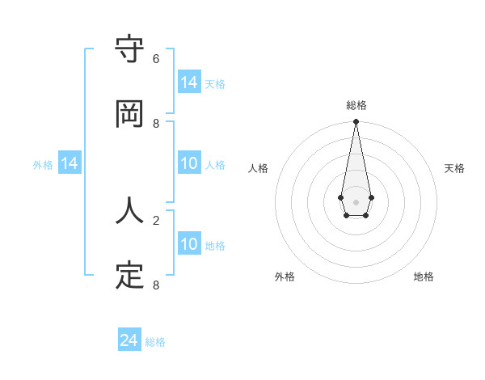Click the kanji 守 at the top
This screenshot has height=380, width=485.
coord(130,50)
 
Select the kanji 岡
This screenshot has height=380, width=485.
coord(130,114)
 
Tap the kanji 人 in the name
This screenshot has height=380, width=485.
coord(130,211)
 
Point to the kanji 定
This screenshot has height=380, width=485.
coord(130,276)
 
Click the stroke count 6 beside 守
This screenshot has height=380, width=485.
coord(156,59)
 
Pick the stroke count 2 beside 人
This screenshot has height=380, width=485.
coord(156,220)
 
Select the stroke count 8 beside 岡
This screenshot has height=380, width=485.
coord(156,123)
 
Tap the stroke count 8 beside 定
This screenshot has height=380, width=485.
coord(156,285)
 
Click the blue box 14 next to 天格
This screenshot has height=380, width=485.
coord(189,82)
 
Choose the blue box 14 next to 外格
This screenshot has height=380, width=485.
coord(70,164)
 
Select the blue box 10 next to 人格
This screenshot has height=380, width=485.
coord(189,164)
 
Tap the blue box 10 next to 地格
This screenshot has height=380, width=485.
coord(189,245)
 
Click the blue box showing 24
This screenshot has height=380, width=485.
coord(129,341)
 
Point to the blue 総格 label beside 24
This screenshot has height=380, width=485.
coord(155,342)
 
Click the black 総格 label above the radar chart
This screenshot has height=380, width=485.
coord(356,105)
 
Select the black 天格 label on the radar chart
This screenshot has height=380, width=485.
coord(454,168)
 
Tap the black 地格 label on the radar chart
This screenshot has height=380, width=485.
coord(424,277)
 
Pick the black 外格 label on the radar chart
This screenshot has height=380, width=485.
coord(285,277)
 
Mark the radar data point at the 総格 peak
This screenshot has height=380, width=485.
coord(356,122)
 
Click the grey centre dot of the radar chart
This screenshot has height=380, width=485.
coord(356,201)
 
